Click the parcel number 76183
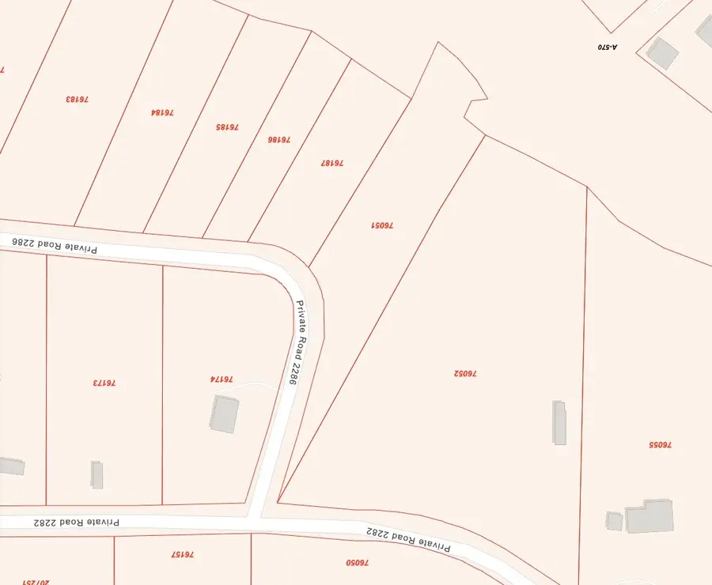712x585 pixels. [x=77, y=100]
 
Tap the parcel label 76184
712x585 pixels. [x=162, y=112]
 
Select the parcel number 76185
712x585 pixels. [x=227, y=126]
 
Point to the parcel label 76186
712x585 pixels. [x=278, y=139]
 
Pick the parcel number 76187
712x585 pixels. [x=331, y=162]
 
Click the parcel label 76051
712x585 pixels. [x=382, y=225]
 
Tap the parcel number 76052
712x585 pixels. [x=465, y=373]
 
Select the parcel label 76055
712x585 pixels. [x=660, y=445]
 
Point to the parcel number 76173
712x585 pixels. [x=104, y=383]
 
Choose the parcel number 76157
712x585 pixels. [x=182, y=555]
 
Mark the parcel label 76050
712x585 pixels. [x=358, y=563]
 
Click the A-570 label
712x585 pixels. [x=607, y=47]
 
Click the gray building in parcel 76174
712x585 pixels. [x=225, y=414]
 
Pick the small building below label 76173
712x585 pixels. [x=97, y=474]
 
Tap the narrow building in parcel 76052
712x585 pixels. [x=559, y=422]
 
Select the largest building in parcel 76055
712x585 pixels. [x=650, y=515]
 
